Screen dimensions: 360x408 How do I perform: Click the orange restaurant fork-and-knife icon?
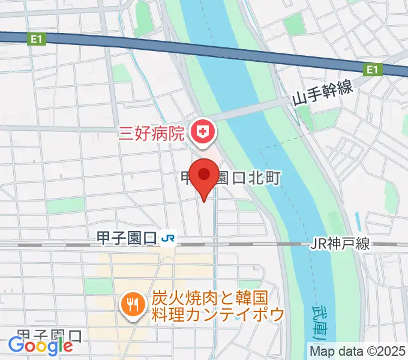(131, 305)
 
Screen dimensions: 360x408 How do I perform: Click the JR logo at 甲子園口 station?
(169, 238)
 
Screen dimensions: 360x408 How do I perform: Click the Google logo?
(40, 345)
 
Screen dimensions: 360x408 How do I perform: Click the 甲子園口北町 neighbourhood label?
(231, 178)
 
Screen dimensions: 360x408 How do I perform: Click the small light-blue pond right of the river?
(357, 221)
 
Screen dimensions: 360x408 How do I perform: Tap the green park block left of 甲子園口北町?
(65, 206)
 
